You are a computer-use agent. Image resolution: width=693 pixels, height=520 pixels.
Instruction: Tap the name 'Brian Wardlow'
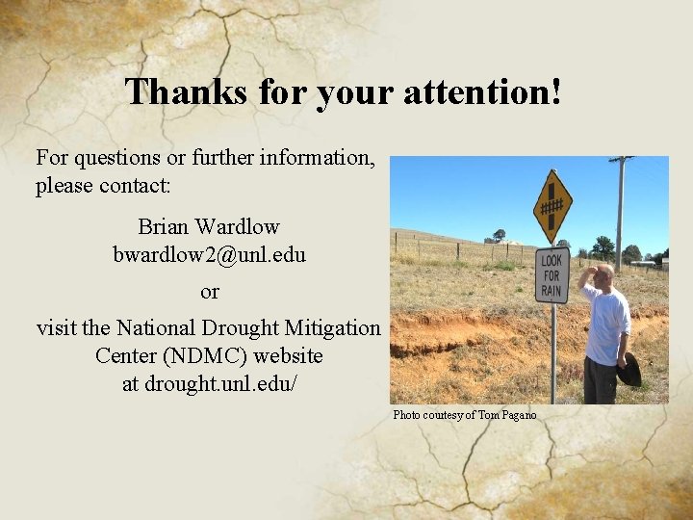coord(209,227)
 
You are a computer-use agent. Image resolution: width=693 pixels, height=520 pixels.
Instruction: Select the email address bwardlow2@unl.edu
coord(209,255)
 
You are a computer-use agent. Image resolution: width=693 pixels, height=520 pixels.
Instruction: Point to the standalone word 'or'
coord(210,291)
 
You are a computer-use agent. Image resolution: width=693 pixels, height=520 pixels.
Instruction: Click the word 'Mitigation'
coord(331,327)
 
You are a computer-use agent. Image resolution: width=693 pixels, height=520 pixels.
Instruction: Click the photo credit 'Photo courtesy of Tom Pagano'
coord(464,415)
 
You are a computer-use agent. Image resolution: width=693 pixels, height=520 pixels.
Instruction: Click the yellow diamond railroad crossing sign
coord(552,206)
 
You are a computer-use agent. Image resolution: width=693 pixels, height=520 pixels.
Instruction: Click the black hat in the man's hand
coord(629,370)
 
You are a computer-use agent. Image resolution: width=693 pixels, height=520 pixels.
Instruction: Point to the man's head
coord(603,276)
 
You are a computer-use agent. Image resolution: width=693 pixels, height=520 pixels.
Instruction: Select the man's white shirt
coord(607,324)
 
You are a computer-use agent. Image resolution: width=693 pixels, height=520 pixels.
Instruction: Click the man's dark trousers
coord(601,381)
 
